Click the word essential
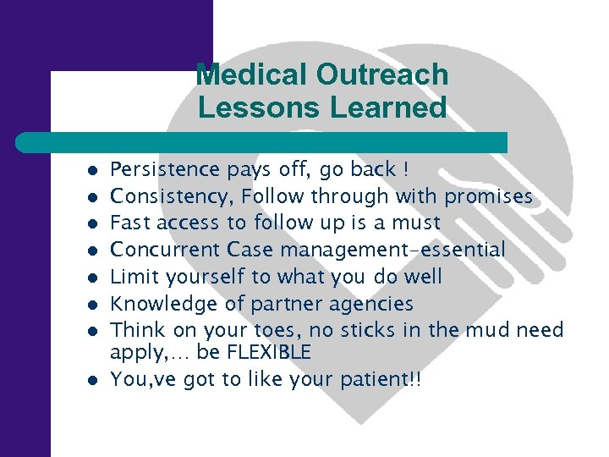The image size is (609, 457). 468,251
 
